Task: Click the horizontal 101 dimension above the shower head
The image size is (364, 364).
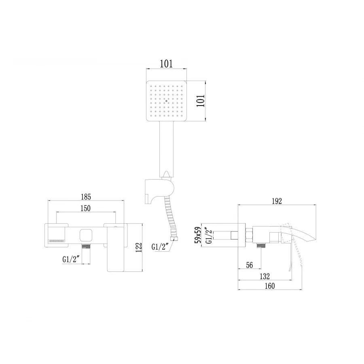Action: [166, 64]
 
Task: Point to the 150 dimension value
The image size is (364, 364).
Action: [85, 208]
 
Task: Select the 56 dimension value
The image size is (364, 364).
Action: [249, 265]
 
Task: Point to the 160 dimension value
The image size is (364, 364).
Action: [270, 286]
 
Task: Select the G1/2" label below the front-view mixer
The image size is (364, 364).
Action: [71, 260]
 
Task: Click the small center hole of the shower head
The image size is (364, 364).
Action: [166, 101]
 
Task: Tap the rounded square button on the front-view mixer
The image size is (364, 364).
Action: [86, 235]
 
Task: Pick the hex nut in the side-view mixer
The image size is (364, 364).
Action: [249, 234]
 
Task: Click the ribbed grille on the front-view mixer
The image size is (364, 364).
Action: [57, 241]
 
